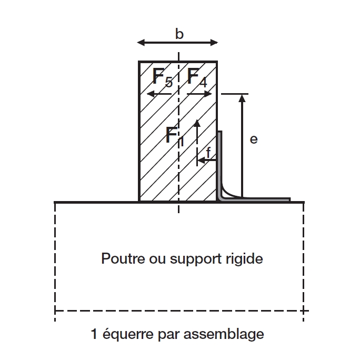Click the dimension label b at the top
point(179,35)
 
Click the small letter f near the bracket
point(208,152)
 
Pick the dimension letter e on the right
point(254,139)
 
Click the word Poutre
point(116,259)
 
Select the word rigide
point(245,259)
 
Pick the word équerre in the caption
point(125,334)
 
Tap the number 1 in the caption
point(94,334)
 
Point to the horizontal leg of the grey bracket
point(263,199)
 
